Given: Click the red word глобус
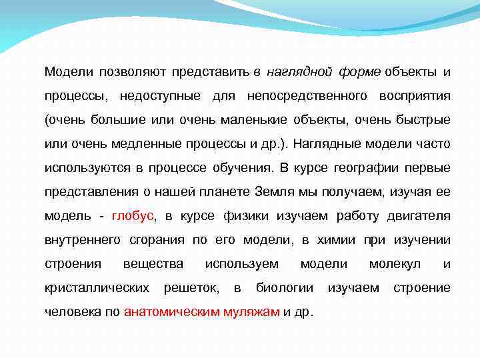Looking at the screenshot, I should [133, 216].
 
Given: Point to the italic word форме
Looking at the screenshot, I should [359, 71].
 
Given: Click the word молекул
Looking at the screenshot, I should [395, 264].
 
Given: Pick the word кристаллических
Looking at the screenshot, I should [97, 288].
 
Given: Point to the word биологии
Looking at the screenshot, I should [285, 288].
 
